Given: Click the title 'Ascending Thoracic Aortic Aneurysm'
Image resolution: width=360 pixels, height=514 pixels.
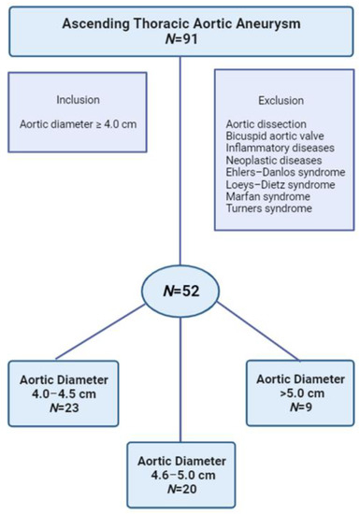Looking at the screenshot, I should coord(180,16).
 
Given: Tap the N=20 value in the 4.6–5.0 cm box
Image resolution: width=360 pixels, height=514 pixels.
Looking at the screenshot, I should coord(180,485).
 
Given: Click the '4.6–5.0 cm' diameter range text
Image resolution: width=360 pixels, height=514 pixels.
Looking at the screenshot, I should coord(180,471).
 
